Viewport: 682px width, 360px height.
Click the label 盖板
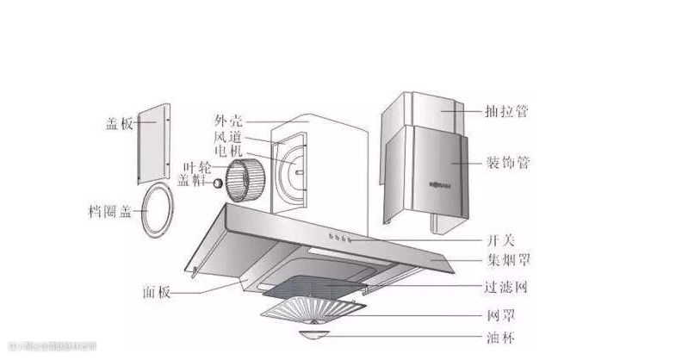point(120,124)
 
